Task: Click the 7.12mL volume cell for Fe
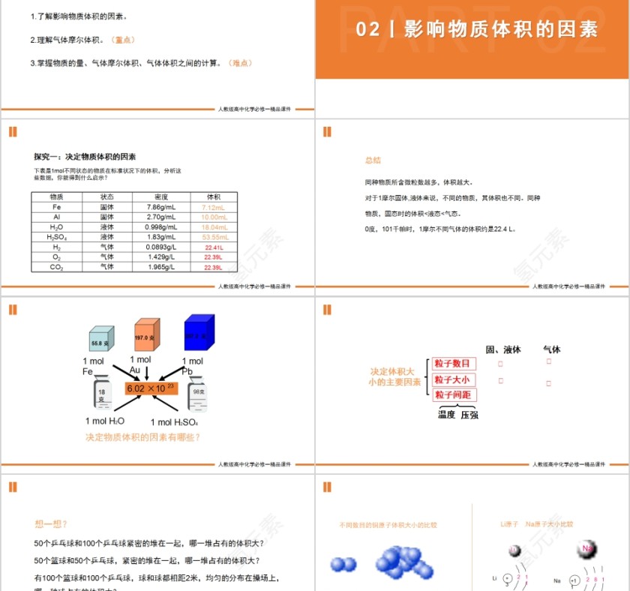point(214,207)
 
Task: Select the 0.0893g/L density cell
point(160,247)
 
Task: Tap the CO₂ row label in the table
point(57,267)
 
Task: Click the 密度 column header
point(160,196)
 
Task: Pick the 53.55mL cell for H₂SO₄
point(214,237)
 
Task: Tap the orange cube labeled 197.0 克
point(146,336)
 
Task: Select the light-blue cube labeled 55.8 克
point(101,341)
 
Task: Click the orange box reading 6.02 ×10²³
point(151,388)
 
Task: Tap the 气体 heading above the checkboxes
point(551,349)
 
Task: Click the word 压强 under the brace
point(470,414)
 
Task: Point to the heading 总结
point(373,160)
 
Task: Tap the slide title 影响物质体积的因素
point(501,29)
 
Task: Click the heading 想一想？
point(52,523)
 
